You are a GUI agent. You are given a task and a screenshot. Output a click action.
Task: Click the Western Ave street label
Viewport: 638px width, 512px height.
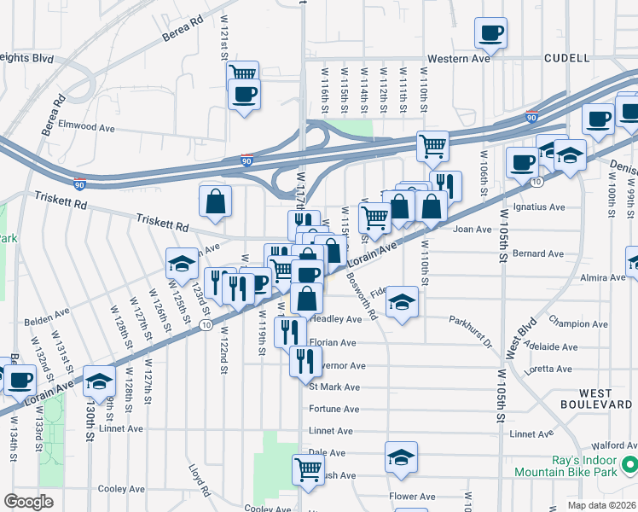[459, 59]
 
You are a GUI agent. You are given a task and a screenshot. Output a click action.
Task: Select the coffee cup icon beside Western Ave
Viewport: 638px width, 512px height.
[490, 33]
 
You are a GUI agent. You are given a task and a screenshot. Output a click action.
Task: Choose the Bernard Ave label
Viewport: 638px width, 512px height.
[540, 253]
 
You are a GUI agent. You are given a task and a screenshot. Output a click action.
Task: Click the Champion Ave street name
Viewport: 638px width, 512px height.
[578, 324]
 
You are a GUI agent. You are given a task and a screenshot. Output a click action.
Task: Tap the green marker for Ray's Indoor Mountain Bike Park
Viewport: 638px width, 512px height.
[629, 465]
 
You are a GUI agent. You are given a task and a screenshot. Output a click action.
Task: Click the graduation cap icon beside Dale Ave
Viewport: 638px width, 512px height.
[401, 457]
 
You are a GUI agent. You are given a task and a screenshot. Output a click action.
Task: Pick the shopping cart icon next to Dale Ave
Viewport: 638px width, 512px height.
[308, 468]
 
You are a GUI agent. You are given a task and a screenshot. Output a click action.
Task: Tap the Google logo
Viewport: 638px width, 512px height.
[28, 502]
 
